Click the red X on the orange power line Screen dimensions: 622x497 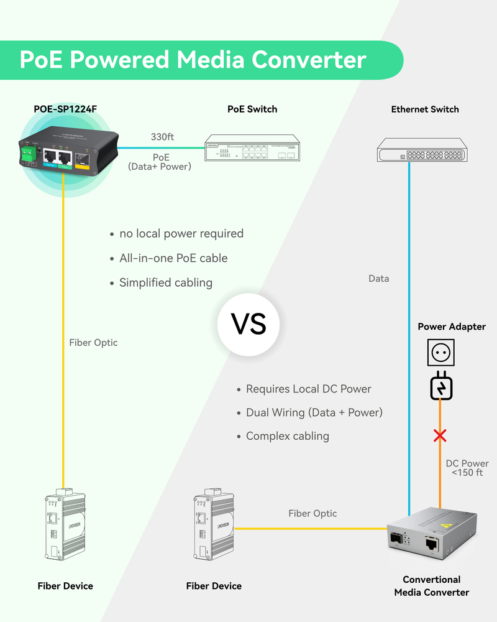[440, 435]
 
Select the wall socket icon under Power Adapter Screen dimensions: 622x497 [441, 353]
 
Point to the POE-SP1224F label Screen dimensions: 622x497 [65, 109]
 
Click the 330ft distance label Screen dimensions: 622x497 [162, 137]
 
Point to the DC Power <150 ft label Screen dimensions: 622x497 [467, 468]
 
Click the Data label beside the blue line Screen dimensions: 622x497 [378, 279]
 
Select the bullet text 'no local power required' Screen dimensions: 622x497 [181, 234]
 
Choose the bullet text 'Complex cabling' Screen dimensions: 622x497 [287, 436]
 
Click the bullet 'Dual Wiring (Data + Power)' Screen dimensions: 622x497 [314, 412]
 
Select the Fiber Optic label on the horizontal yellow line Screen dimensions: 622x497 [312, 513]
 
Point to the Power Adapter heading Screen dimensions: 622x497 [452, 327]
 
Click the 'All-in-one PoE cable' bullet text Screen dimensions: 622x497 [173, 258]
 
